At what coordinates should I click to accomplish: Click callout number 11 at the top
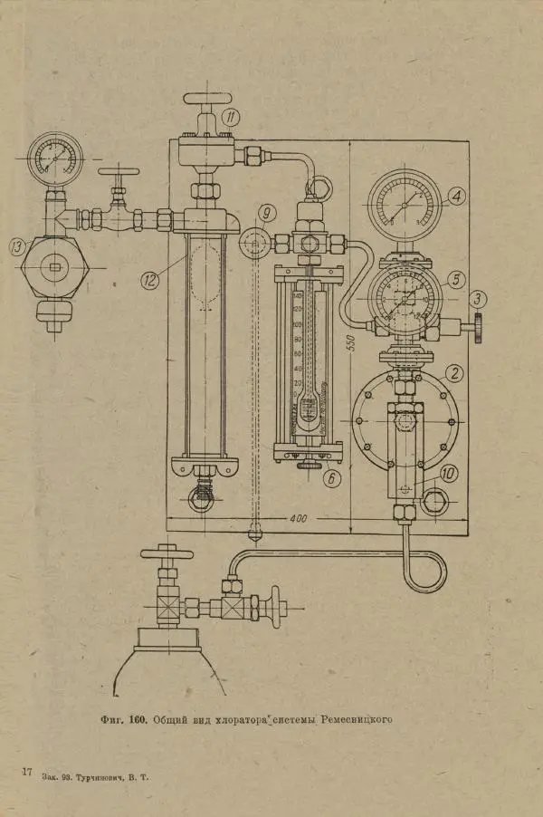(231, 116)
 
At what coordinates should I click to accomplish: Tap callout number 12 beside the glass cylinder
(150, 279)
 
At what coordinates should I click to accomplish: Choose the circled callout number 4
(456, 195)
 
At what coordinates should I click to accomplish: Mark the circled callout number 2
(455, 372)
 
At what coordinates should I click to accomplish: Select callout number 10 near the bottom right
(450, 473)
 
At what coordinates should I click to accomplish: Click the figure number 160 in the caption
(138, 720)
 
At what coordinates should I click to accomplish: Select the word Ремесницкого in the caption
(356, 720)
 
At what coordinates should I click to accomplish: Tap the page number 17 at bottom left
(27, 771)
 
